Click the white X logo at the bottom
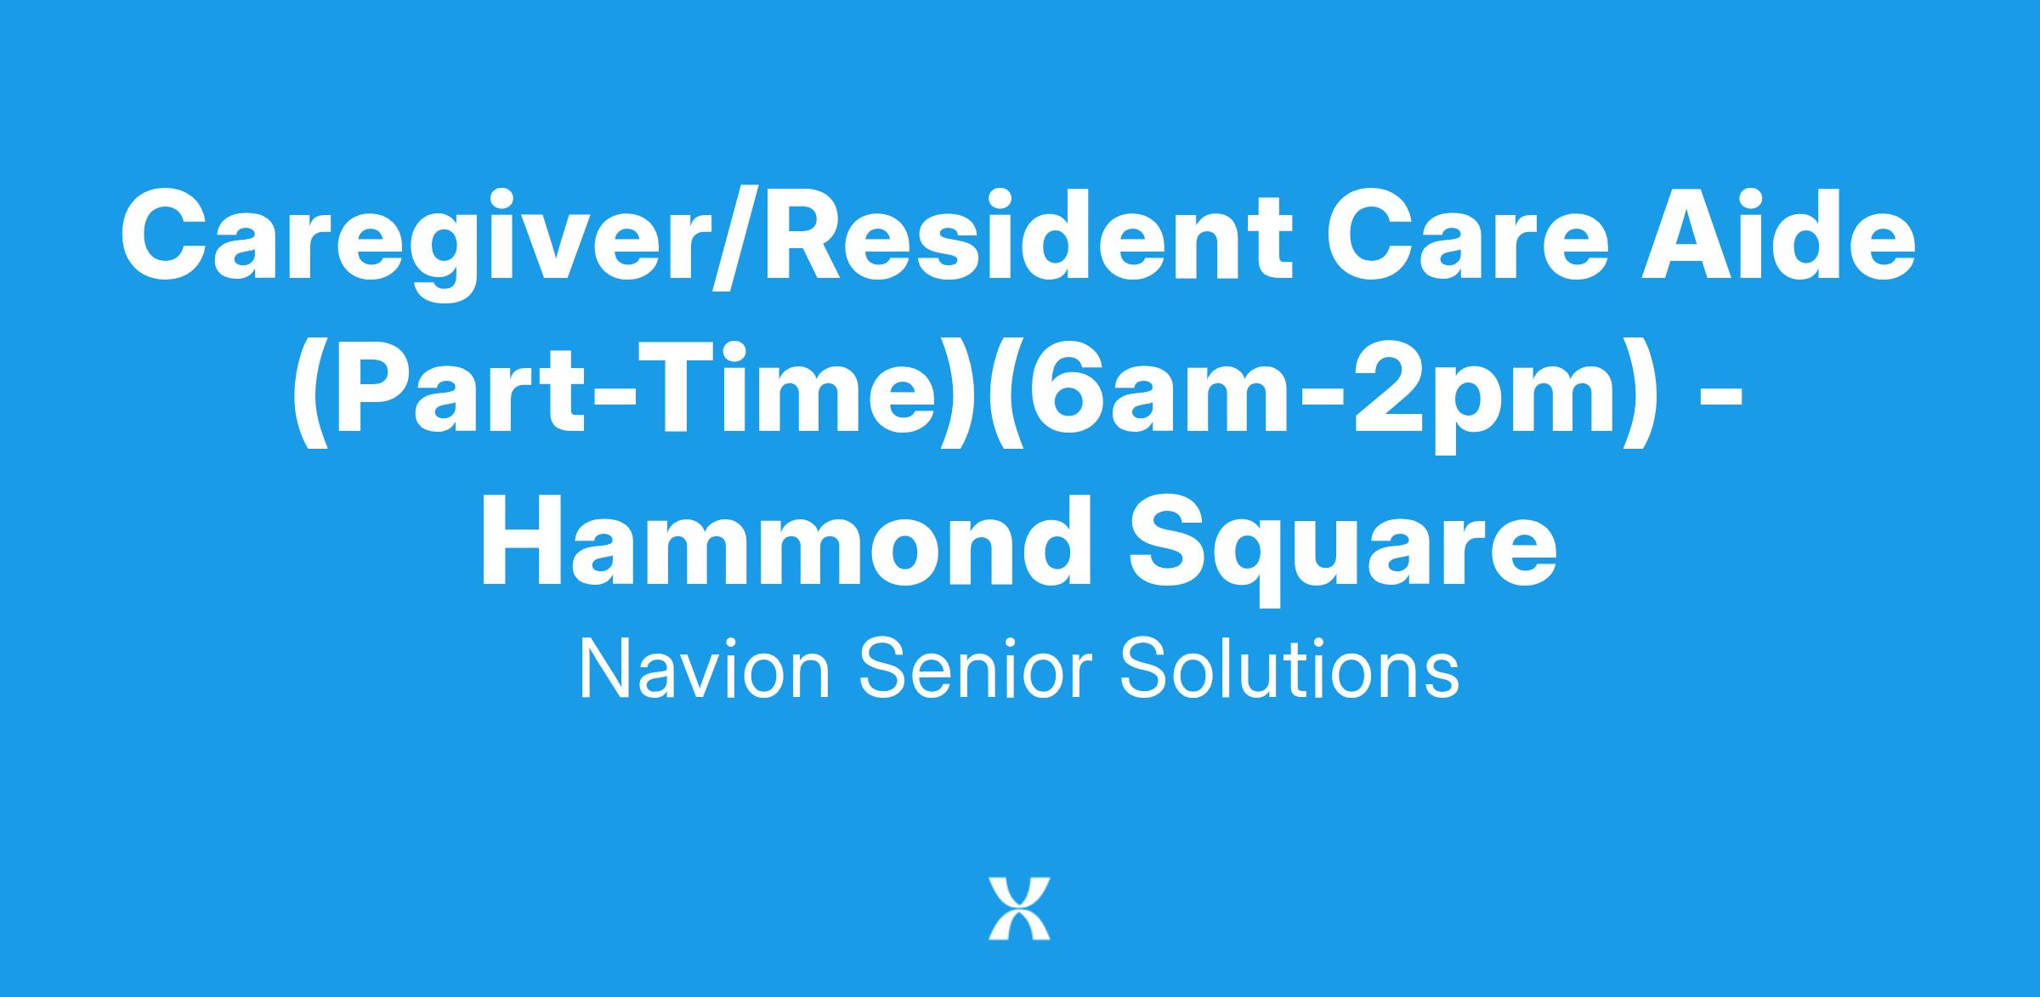1019,909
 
